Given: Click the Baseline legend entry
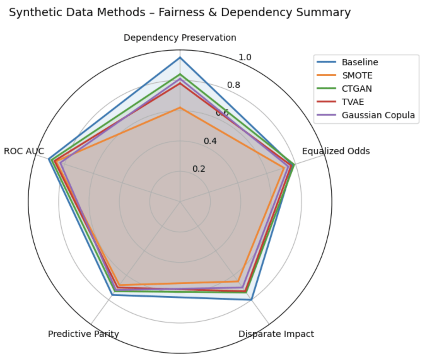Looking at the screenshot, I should click(360, 62).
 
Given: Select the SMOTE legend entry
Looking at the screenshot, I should click(357, 75).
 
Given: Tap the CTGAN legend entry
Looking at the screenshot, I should click(357, 89).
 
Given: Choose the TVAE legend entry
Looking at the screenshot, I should click(353, 102).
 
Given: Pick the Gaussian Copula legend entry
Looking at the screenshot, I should click(378, 115).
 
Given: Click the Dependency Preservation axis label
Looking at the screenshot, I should click(180, 38).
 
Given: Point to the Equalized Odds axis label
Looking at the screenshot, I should click(336, 151).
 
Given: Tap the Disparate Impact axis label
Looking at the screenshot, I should click(276, 334).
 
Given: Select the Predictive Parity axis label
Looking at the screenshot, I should click(83, 334).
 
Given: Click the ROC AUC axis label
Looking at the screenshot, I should click(24, 151).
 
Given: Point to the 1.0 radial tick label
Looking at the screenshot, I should click(245, 57).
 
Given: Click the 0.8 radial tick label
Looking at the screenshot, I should click(233, 85).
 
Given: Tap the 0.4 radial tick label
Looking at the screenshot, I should click(210, 141).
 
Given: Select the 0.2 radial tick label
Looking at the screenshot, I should click(199, 169).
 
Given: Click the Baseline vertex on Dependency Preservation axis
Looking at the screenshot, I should click(180, 58).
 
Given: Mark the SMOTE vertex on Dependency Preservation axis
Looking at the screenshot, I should click(180, 108).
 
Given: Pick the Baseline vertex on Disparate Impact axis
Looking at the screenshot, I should click(251, 299).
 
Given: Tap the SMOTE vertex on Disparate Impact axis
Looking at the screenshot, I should click(238, 281).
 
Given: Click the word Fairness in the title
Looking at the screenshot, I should click(181, 12).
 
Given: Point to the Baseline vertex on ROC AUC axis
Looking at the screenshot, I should click(49, 159).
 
